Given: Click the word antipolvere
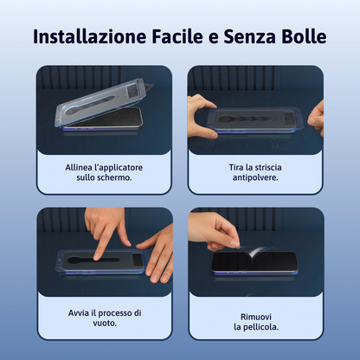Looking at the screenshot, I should tap(255, 179).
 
